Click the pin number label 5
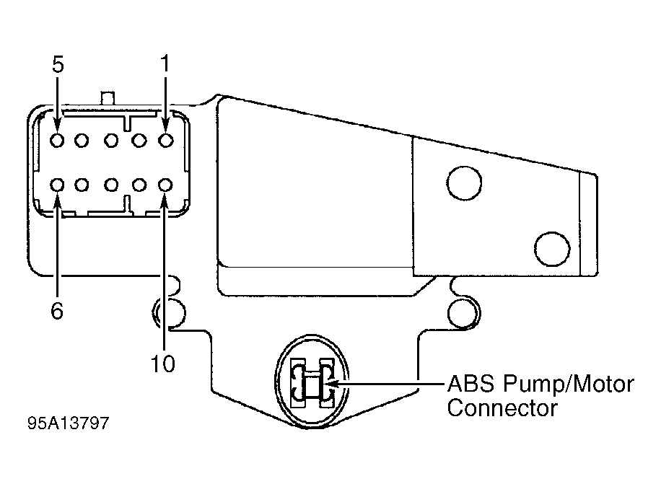click(x=58, y=64)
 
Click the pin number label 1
click(x=165, y=63)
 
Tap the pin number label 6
click(x=57, y=311)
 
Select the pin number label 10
click(x=162, y=364)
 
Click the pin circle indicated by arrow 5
click(x=57, y=140)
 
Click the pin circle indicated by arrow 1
click(x=166, y=140)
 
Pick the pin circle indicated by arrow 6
click(x=57, y=185)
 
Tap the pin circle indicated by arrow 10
click(x=165, y=185)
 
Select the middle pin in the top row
click(x=111, y=140)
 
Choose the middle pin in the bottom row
click(x=111, y=185)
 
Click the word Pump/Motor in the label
click(x=569, y=384)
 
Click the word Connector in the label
click(x=502, y=408)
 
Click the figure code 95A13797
click(x=69, y=423)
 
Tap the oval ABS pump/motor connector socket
click(x=312, y=382)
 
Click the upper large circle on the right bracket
click(x=464, y=182)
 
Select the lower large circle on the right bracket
click(x=552, y=249)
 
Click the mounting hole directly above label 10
click(x=169, y=312)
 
